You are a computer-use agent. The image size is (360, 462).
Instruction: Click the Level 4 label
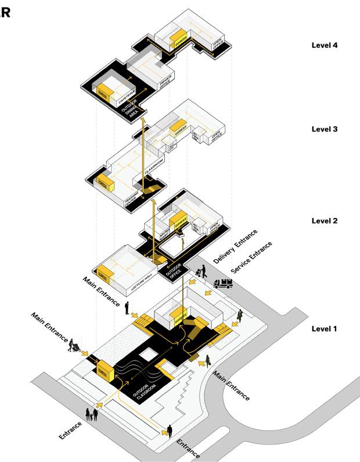[325, 45]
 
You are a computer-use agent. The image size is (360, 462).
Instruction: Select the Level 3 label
[325, 128]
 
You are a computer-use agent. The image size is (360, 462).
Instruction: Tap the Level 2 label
[325, 220]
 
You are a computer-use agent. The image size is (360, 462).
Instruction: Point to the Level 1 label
[325, 328]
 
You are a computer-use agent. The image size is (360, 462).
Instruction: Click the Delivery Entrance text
[235, 248]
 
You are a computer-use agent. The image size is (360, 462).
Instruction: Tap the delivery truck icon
[224, 284]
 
